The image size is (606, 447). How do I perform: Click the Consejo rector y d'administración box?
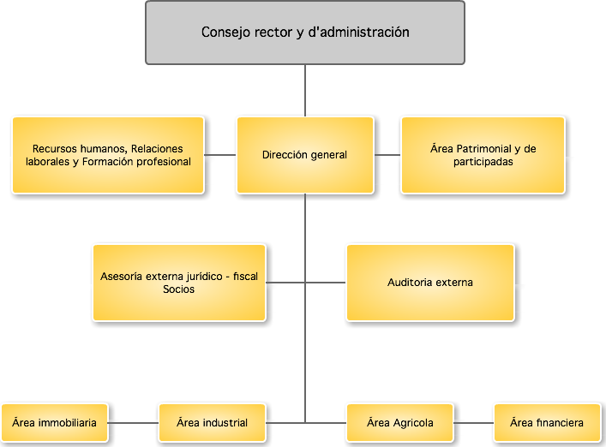point(305,33)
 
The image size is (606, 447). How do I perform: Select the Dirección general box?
point(305,155)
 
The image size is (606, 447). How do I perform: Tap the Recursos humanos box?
point(108,155)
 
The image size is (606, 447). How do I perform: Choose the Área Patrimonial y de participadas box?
point(483,155)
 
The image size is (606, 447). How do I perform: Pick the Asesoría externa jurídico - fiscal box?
point(179,283)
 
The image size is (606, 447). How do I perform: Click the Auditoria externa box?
point(430,283)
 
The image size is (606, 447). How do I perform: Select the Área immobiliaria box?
point(55,423)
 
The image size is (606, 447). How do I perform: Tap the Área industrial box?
point(212,423)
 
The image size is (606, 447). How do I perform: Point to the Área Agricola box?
point(400,423)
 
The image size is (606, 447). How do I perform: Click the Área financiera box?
point(547,423)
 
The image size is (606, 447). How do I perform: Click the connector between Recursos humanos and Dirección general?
point(220,155)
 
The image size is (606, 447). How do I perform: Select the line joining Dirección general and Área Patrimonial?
point(387,155)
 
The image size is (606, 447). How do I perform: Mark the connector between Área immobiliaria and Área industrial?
point(134,423)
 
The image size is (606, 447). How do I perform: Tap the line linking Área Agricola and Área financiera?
point(474,423)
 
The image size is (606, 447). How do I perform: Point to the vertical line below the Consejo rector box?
point(305,90)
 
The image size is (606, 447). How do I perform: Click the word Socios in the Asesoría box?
point(178,289)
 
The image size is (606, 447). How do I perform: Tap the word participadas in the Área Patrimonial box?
point(483,162)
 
